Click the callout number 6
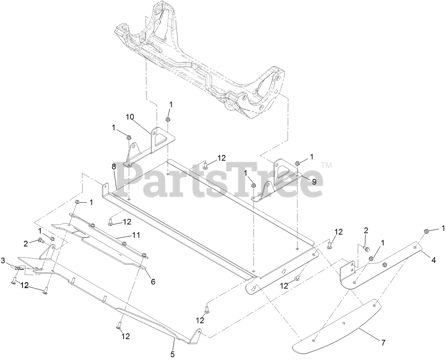153,281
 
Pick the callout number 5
173,354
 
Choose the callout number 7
383,343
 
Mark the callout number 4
433,260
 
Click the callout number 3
3,261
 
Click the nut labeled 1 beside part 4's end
427,231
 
